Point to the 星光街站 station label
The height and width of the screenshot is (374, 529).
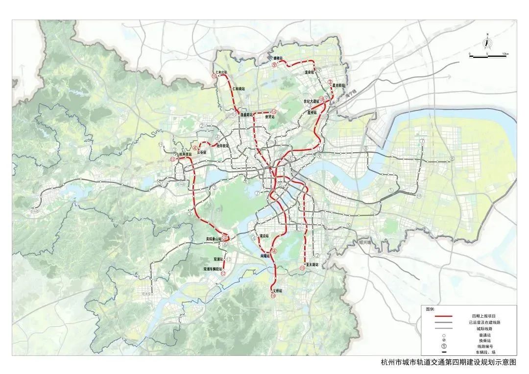340,84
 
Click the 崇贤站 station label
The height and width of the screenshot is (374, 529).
269,117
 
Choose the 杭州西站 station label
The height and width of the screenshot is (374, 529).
185,154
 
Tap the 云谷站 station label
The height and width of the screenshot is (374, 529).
202,152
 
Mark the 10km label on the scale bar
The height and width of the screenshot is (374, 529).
505,53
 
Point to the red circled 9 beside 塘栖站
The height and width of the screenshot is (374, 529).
274,64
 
